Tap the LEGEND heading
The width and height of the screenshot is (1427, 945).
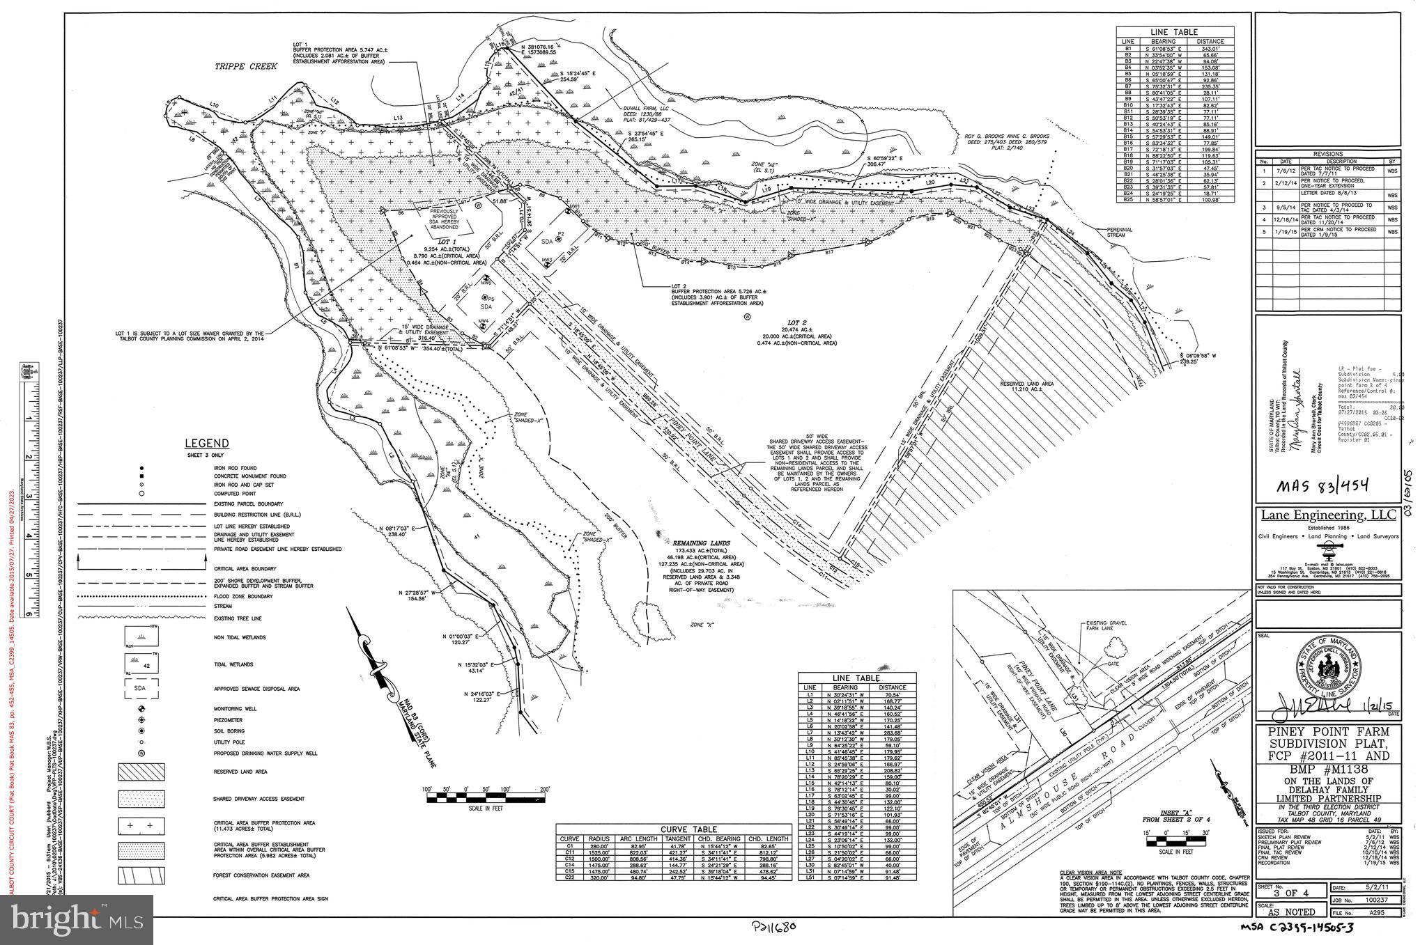click(x=206, y=444)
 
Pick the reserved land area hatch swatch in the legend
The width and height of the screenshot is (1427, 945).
click(x=141, y=772)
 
